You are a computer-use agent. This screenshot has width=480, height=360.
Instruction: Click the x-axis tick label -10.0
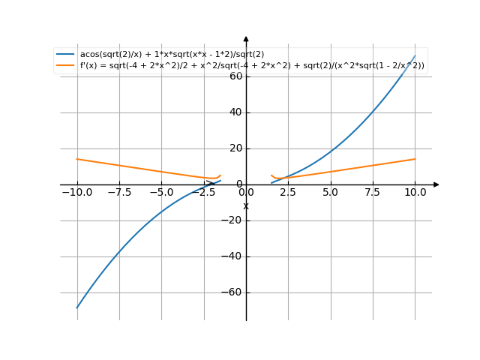(x=77, y=192)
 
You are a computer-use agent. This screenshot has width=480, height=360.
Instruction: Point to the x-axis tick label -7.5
(x=119, y=192)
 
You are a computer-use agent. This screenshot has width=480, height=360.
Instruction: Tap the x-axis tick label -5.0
(x=161, y=192)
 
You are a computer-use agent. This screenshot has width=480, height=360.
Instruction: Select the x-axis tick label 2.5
(x=288, y=192)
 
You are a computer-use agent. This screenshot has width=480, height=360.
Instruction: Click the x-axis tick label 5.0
(x=330, y=192)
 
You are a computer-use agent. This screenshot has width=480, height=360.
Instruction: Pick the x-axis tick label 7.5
(x=373, y=192)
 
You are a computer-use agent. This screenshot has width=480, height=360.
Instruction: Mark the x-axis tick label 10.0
(x=415, y=192)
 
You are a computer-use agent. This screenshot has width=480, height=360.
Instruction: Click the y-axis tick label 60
(x=235, y=76)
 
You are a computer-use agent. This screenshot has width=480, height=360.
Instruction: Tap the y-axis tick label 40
(x=235, y=112)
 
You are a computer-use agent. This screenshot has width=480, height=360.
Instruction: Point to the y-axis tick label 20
(x=235, y=148)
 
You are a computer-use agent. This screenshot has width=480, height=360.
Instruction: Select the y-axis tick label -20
(x=233, y=220)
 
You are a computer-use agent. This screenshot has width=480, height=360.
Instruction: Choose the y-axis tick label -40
(x=233, y=256)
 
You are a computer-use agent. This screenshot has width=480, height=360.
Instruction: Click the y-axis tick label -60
(x=233, y=292)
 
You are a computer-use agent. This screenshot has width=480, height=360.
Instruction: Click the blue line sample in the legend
(x=65, y=55)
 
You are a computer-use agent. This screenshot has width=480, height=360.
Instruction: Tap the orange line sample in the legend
(x=65, y=66)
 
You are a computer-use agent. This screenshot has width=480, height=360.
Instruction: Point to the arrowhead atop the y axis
(x=246, y=39)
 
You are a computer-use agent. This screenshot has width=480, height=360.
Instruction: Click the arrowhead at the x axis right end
(x=436, y=184)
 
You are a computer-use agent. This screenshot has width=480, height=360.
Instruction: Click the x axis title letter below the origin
(x=246, y=206)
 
